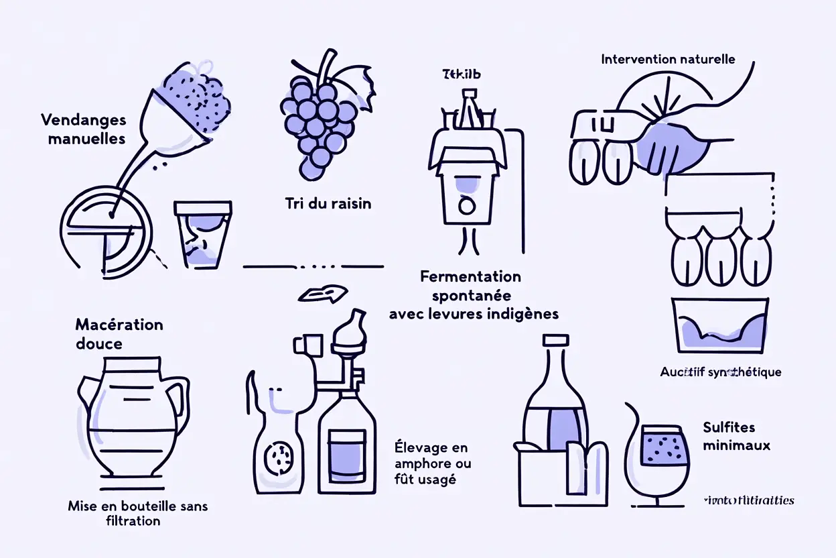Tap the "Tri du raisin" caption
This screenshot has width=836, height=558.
coord(328,203)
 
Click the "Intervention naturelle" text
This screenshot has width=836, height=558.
coord(667,59)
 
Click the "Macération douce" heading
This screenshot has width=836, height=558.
coord(119,334)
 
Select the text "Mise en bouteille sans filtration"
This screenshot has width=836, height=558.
coord(138,513)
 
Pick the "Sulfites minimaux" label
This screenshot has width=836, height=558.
coord(736,436)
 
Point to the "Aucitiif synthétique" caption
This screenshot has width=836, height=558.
coord(720,372)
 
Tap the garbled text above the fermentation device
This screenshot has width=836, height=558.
coord(462,74)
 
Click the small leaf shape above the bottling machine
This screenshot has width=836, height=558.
coord(323,294)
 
